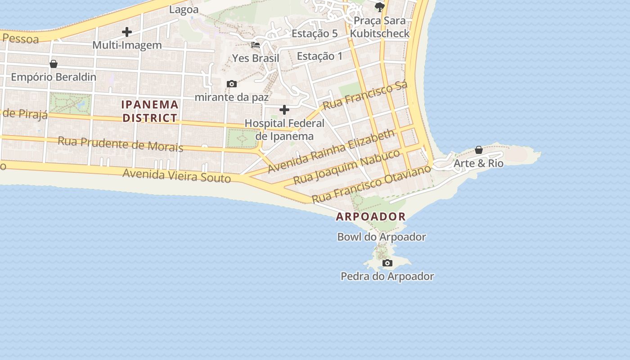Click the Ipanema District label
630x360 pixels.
pyautogui.click(x=150, y=111)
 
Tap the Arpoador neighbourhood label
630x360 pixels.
pyautogui.click(x=371, y=216)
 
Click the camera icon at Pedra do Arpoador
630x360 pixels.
pyautogui.click(x=387, y=263)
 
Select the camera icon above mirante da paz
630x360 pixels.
pyautogui.click(x=232, y=84)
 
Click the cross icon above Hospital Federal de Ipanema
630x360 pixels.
pyautogui.click(x=284, y=109)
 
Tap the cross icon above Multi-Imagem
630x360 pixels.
pyautogui.click(x=127, y=32)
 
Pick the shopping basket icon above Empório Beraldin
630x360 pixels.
pyautogui.click(x=54, y=64)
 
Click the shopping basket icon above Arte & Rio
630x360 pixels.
pyautogui.click(x=479, y=150)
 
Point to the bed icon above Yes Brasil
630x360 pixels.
pyautogui.click(x=256, y=45)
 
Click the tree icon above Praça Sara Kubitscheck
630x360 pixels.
pyautogui.click(x=380, y=7)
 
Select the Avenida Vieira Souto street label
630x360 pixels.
pyautogui.click(x=176, y=175)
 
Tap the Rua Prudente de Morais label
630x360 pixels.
pyautogui.click(x=120, y=144)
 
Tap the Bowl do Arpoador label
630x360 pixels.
pyautogui.click(x=382, y=237)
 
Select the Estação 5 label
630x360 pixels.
pyautogui.click(x=315, y=33)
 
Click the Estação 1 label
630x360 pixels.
pyautogui.click(x=319, y=56)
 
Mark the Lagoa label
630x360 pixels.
pyautogui.click(x=184, y=9)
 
